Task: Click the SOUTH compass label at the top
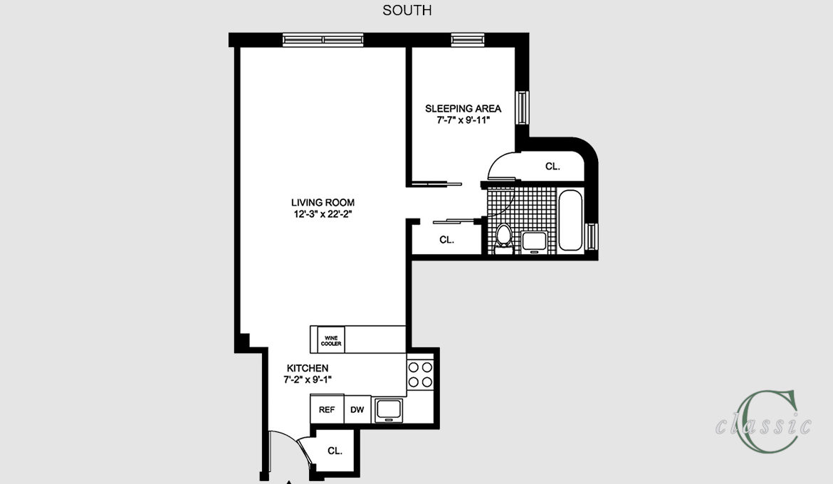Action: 407,11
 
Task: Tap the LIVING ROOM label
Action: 323,202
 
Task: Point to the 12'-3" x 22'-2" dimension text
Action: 323,214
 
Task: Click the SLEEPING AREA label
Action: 463,108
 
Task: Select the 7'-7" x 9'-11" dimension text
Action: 463,120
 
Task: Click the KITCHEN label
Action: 308,368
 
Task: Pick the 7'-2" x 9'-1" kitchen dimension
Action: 308,379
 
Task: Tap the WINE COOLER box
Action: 331,340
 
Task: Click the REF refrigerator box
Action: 327,409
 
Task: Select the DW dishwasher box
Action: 357,409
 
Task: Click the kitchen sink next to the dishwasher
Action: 389,410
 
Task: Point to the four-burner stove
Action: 420,374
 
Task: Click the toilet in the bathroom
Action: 503,237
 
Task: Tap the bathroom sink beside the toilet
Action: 534,241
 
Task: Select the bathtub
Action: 571,220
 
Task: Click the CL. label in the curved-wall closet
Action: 552,167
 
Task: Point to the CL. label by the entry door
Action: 335,451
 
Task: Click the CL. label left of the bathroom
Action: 447,240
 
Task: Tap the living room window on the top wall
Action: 323,40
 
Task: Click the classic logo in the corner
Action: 763,422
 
